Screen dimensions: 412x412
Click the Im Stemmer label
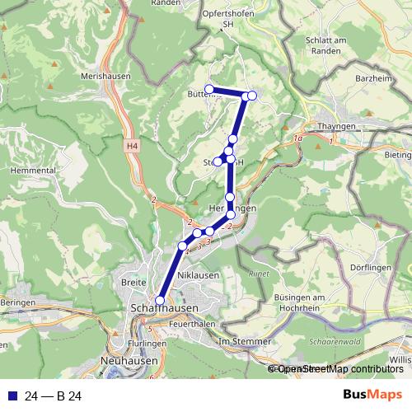244,340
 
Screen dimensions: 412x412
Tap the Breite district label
133,282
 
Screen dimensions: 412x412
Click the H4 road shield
132,145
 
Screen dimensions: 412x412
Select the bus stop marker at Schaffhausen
160,301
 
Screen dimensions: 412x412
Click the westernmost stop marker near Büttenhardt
209,89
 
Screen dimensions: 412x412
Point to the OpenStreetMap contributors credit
339,369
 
